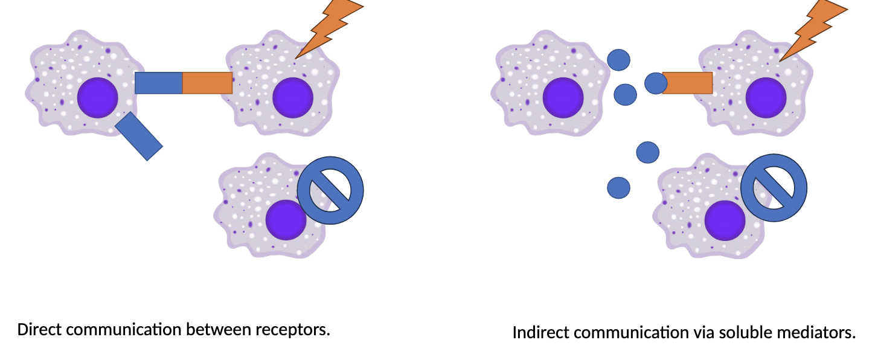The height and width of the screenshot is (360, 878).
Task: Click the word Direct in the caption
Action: (39, 329)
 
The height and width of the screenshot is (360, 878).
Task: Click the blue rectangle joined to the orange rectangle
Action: (159, 83)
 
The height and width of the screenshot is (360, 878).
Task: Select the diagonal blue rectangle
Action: (139, 136)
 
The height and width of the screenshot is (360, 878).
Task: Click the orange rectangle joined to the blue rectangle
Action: (207, 83)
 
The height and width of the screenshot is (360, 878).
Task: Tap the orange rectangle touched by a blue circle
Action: (688, 83)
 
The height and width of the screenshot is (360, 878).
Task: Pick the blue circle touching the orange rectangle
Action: (656, 83)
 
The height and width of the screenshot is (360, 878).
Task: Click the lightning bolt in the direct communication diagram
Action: (328, 27)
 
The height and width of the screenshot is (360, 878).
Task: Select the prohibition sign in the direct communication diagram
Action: (330, 191)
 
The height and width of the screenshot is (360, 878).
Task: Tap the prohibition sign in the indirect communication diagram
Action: (774, 188)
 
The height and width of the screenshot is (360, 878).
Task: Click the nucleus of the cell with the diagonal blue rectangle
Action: (98, 98)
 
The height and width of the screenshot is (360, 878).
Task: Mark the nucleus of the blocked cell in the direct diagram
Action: (286, 220)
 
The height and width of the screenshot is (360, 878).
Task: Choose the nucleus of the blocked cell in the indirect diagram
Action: (725, 220)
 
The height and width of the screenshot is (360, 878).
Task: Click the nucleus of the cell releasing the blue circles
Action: (563, 98)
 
